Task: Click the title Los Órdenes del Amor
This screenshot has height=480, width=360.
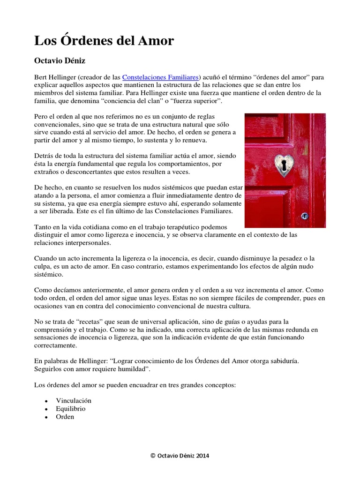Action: click(x=104, y=41)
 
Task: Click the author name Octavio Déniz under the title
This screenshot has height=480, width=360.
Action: click(x=60, y=60)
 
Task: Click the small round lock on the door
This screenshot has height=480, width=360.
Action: click(x=305, y=216)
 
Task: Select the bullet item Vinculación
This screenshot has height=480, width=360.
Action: click(x=74, y=401)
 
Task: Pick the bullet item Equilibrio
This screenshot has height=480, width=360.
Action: click(x=71, y=408)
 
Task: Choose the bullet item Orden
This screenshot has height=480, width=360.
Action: click(x=65, y=416)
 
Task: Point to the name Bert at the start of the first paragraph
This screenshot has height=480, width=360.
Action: click(x=41, y=77)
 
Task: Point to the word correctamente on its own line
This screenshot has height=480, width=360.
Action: click(x=55, y=345)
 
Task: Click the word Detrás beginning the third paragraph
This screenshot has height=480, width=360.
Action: click(x=45, y=155)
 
